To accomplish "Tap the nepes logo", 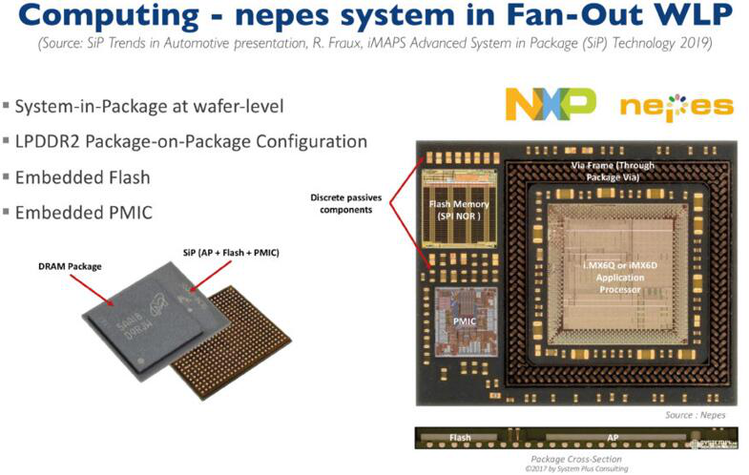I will tap(676, 105).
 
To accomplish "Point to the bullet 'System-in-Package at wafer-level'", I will tap(149, 105).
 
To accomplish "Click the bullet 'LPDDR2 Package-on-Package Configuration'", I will tap(191, 141).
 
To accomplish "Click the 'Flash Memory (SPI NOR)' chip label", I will tap(459, 210).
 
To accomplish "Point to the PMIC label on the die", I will tap(465, 320).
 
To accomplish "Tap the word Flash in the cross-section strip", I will tap(461, 439).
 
